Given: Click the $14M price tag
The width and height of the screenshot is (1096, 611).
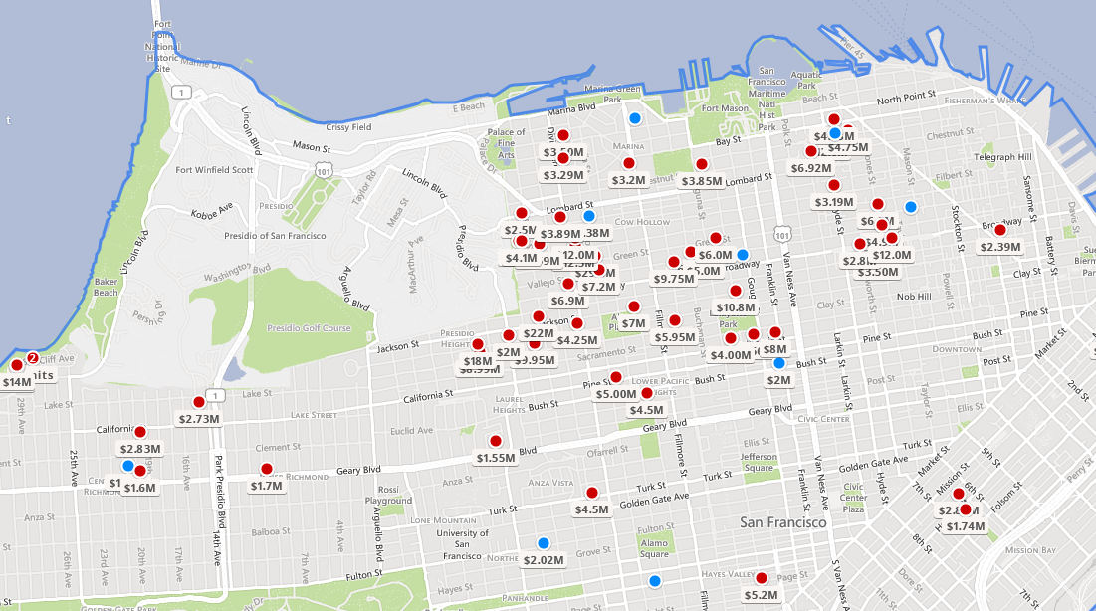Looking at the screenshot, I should click(17, 382).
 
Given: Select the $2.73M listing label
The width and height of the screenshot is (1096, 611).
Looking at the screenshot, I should click(198, 419).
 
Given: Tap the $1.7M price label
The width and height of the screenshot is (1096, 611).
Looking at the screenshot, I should click(266, 487).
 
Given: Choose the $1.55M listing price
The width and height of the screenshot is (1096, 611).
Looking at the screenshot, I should click(495, 459).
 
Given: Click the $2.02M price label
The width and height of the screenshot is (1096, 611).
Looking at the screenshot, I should click(543, 560).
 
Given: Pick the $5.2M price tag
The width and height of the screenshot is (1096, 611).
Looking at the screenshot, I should click(761, 595).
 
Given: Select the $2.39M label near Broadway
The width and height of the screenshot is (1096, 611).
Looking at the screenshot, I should click(1000, 247).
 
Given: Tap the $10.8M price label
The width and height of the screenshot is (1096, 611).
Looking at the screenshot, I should click(736, 308).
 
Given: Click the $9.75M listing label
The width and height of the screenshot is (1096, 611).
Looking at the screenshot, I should click(674, 280).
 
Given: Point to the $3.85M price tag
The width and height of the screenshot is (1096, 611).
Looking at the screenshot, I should click(702, 182).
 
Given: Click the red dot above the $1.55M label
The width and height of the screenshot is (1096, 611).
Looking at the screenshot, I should click(495, 441).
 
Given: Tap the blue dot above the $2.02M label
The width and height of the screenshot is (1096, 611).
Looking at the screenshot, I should click(543, 542).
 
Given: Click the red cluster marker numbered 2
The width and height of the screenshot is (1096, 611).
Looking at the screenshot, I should click(32, 358).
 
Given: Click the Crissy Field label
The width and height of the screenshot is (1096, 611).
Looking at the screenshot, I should click(348, 127).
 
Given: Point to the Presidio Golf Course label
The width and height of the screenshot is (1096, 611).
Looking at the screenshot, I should click(309, 328).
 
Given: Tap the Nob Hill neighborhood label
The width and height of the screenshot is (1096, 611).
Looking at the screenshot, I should click(913, 297).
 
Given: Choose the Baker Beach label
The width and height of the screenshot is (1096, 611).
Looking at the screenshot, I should click(107, 288).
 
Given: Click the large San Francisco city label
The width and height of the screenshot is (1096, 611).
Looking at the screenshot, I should click(782, 522).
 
